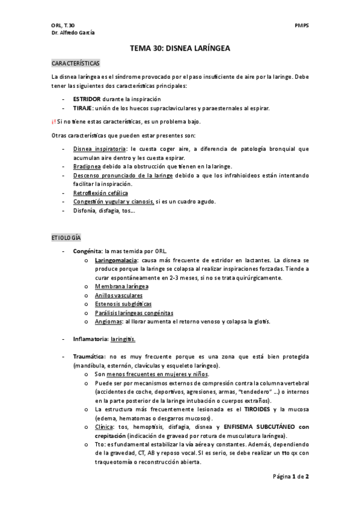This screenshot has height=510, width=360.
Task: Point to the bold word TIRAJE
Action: [x=82, y=108]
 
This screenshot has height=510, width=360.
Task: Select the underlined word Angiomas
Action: [x=108, y=322]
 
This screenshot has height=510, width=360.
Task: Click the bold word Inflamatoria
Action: [x=90, y=339]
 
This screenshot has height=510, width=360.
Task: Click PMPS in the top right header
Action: [x=302, y=26]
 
